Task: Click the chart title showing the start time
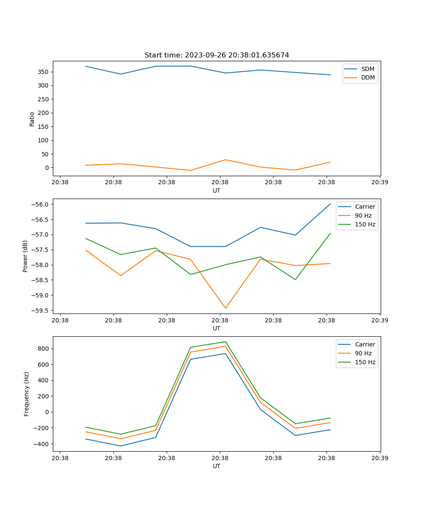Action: [217, 55]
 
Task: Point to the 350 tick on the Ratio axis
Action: [44, 72]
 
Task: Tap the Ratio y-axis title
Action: [32, 119]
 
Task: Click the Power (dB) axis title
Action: [25, 256]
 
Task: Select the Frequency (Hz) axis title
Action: [27, 394]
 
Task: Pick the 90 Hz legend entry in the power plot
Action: [363, 215]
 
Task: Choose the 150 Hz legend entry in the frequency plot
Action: [365, 362]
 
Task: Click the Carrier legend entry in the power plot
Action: [365, 207]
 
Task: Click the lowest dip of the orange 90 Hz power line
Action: [225, 308]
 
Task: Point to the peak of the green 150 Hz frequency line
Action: [225, 342]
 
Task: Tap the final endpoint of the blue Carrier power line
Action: [330, 204]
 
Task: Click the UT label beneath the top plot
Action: [217, 191]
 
